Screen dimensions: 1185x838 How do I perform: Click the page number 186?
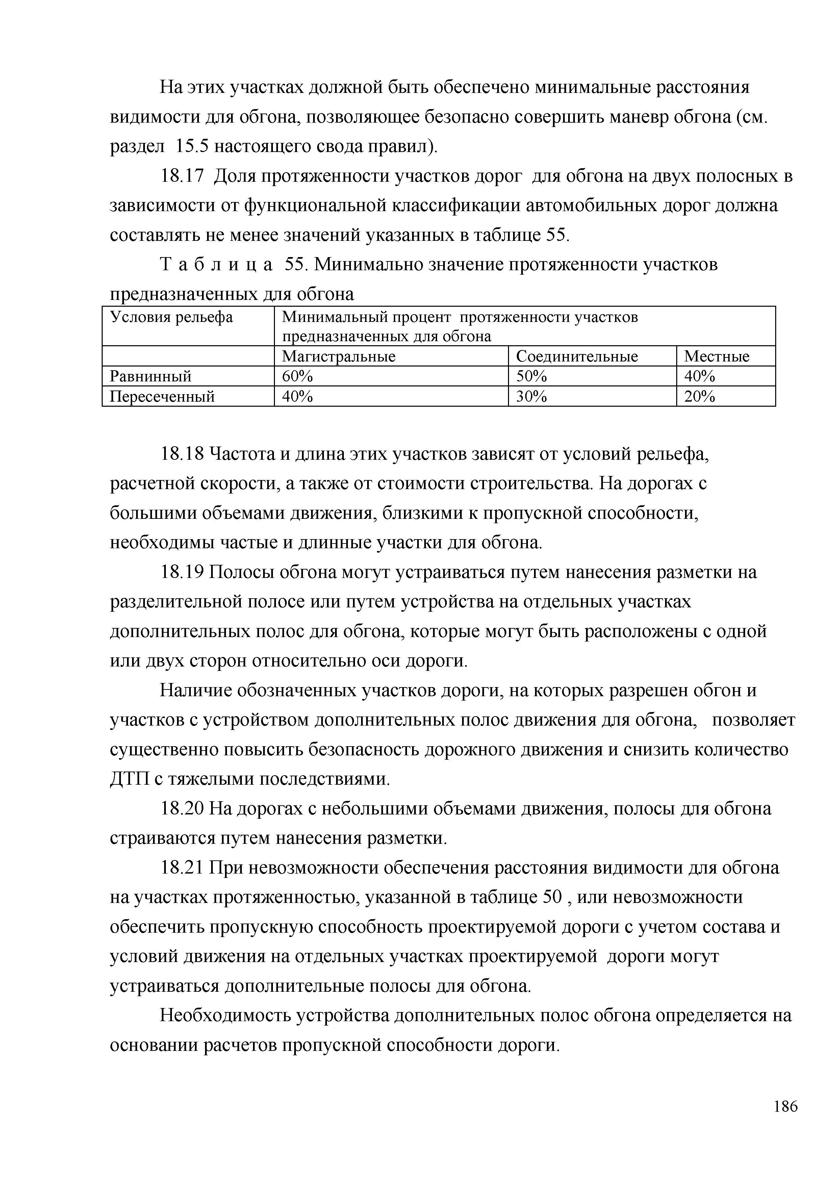pyautogui.click(x=785, y=1121)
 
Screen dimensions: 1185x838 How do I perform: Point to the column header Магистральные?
pyautogui.click(x=338, y=356)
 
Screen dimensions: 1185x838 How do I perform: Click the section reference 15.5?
pyautogui.click(x=192, y=147)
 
